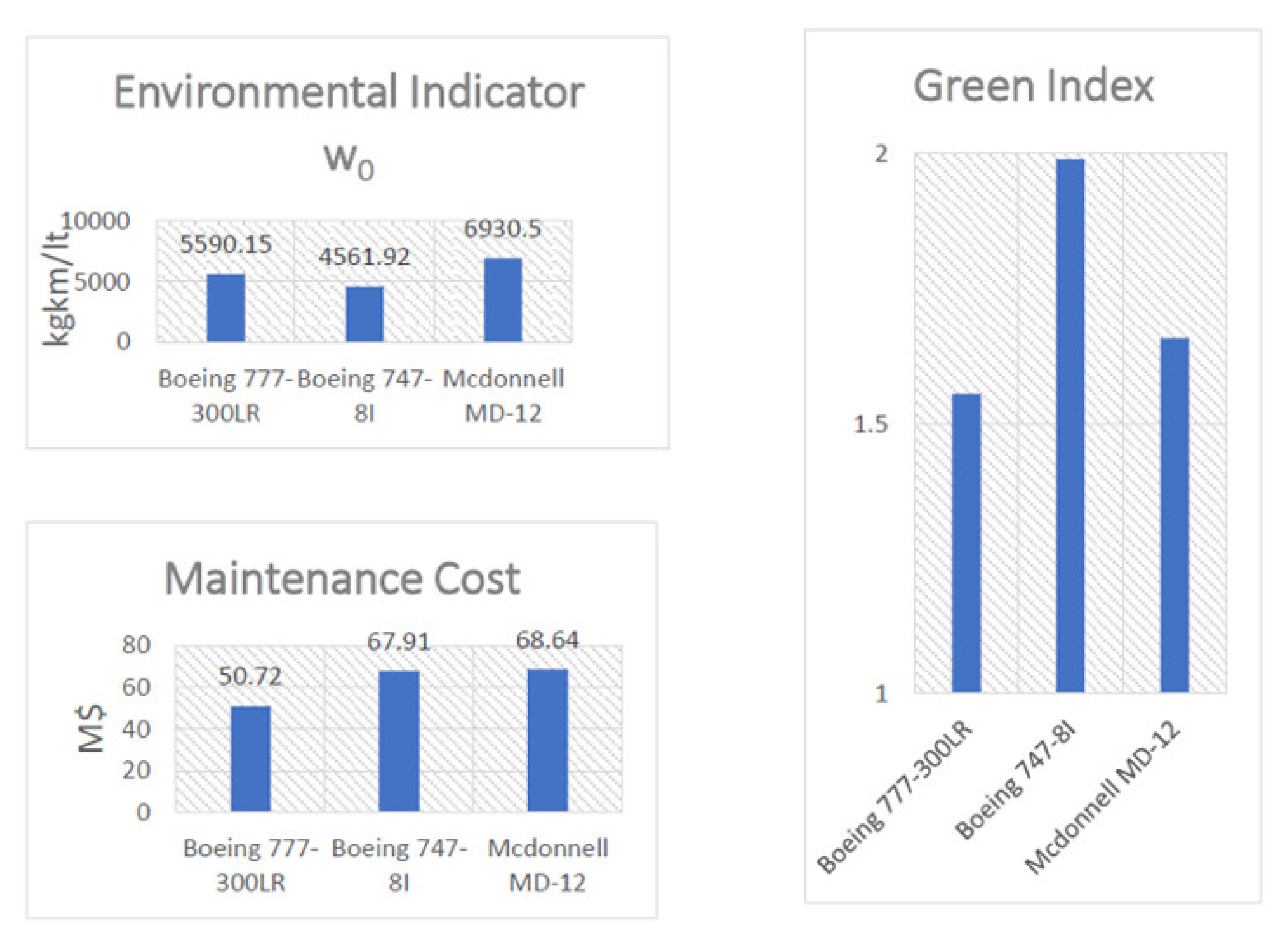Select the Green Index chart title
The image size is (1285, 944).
[1033, 87]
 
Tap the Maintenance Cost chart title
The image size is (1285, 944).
[342, 579]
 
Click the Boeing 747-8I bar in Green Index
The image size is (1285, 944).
[1070, 426]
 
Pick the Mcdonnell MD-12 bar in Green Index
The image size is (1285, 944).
[1174, 514]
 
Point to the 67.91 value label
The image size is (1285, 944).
[398, 642]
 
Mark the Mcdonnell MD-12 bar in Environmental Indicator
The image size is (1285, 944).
[502, 300]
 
